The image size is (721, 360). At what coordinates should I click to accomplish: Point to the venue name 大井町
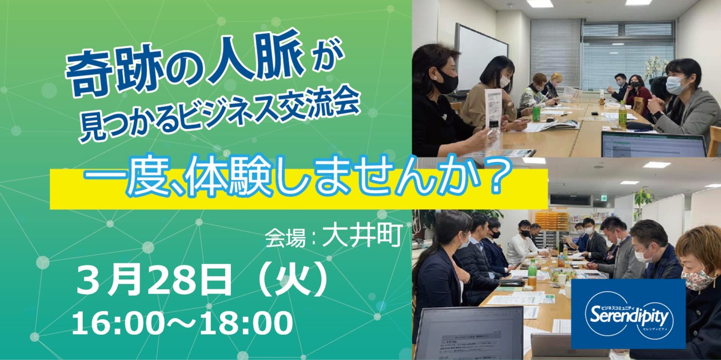362,235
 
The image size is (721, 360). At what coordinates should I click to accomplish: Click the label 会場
285,238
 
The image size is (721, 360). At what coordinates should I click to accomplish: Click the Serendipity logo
628,314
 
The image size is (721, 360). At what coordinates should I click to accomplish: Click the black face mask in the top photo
447,82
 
